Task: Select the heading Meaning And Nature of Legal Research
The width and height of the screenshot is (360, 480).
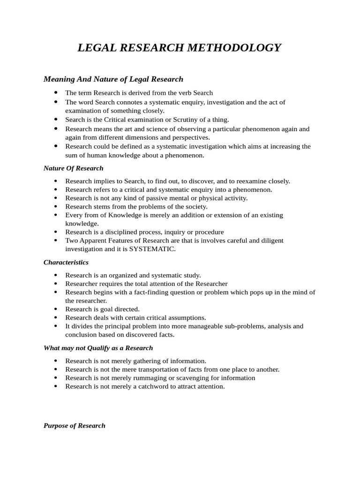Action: (x=113, y=79)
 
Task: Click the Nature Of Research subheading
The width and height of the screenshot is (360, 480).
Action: (x=74, y=168)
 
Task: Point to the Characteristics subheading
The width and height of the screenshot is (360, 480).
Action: (x=66, y=262)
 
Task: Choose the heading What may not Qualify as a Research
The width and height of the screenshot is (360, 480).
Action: (x=98, y=348)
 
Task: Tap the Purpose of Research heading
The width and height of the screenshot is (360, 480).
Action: (x=75, y=426)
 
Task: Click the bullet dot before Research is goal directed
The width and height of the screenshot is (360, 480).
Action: (x=56, y=309)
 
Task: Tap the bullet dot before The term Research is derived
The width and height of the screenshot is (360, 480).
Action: (x=56, y=93)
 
